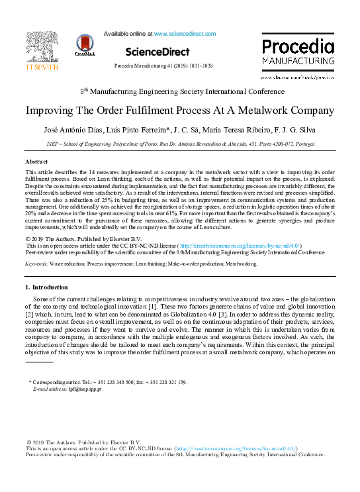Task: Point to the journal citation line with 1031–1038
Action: (163, 67)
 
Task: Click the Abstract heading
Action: (36, 162)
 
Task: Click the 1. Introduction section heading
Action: (46, 287)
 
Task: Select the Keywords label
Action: (36, 264)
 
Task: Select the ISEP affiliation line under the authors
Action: (179, 143)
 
